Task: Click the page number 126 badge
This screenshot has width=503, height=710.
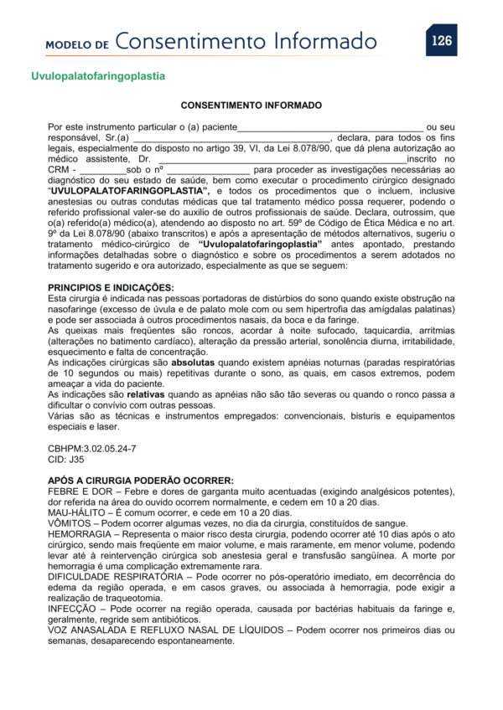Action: pos(441,39)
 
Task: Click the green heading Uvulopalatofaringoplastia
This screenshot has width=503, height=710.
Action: pos(98,76)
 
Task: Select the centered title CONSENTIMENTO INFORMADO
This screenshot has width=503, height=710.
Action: pos(251,106)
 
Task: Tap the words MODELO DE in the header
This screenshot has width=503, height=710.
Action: pos(77,44)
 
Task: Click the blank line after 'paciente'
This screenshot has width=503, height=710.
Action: pos(330,126)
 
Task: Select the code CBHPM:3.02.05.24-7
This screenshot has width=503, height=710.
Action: pos(92,449)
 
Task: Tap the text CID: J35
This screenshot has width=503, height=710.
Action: pos(66,460)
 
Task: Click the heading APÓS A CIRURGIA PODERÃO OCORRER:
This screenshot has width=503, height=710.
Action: pos(140,481)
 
